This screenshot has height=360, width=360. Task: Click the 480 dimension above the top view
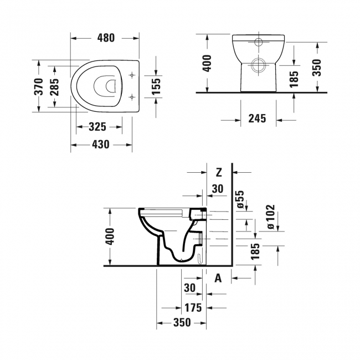pos(105,38)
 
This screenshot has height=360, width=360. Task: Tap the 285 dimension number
pos(55,86)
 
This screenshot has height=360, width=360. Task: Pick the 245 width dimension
pos(258,118)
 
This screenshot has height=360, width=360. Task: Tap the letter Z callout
pos(219,171)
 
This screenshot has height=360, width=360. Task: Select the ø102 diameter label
pos(270,217)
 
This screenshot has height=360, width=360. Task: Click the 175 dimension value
pos(193,307)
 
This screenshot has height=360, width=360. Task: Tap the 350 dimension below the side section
pos(181,323)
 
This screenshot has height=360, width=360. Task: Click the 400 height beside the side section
pos(110,237)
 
